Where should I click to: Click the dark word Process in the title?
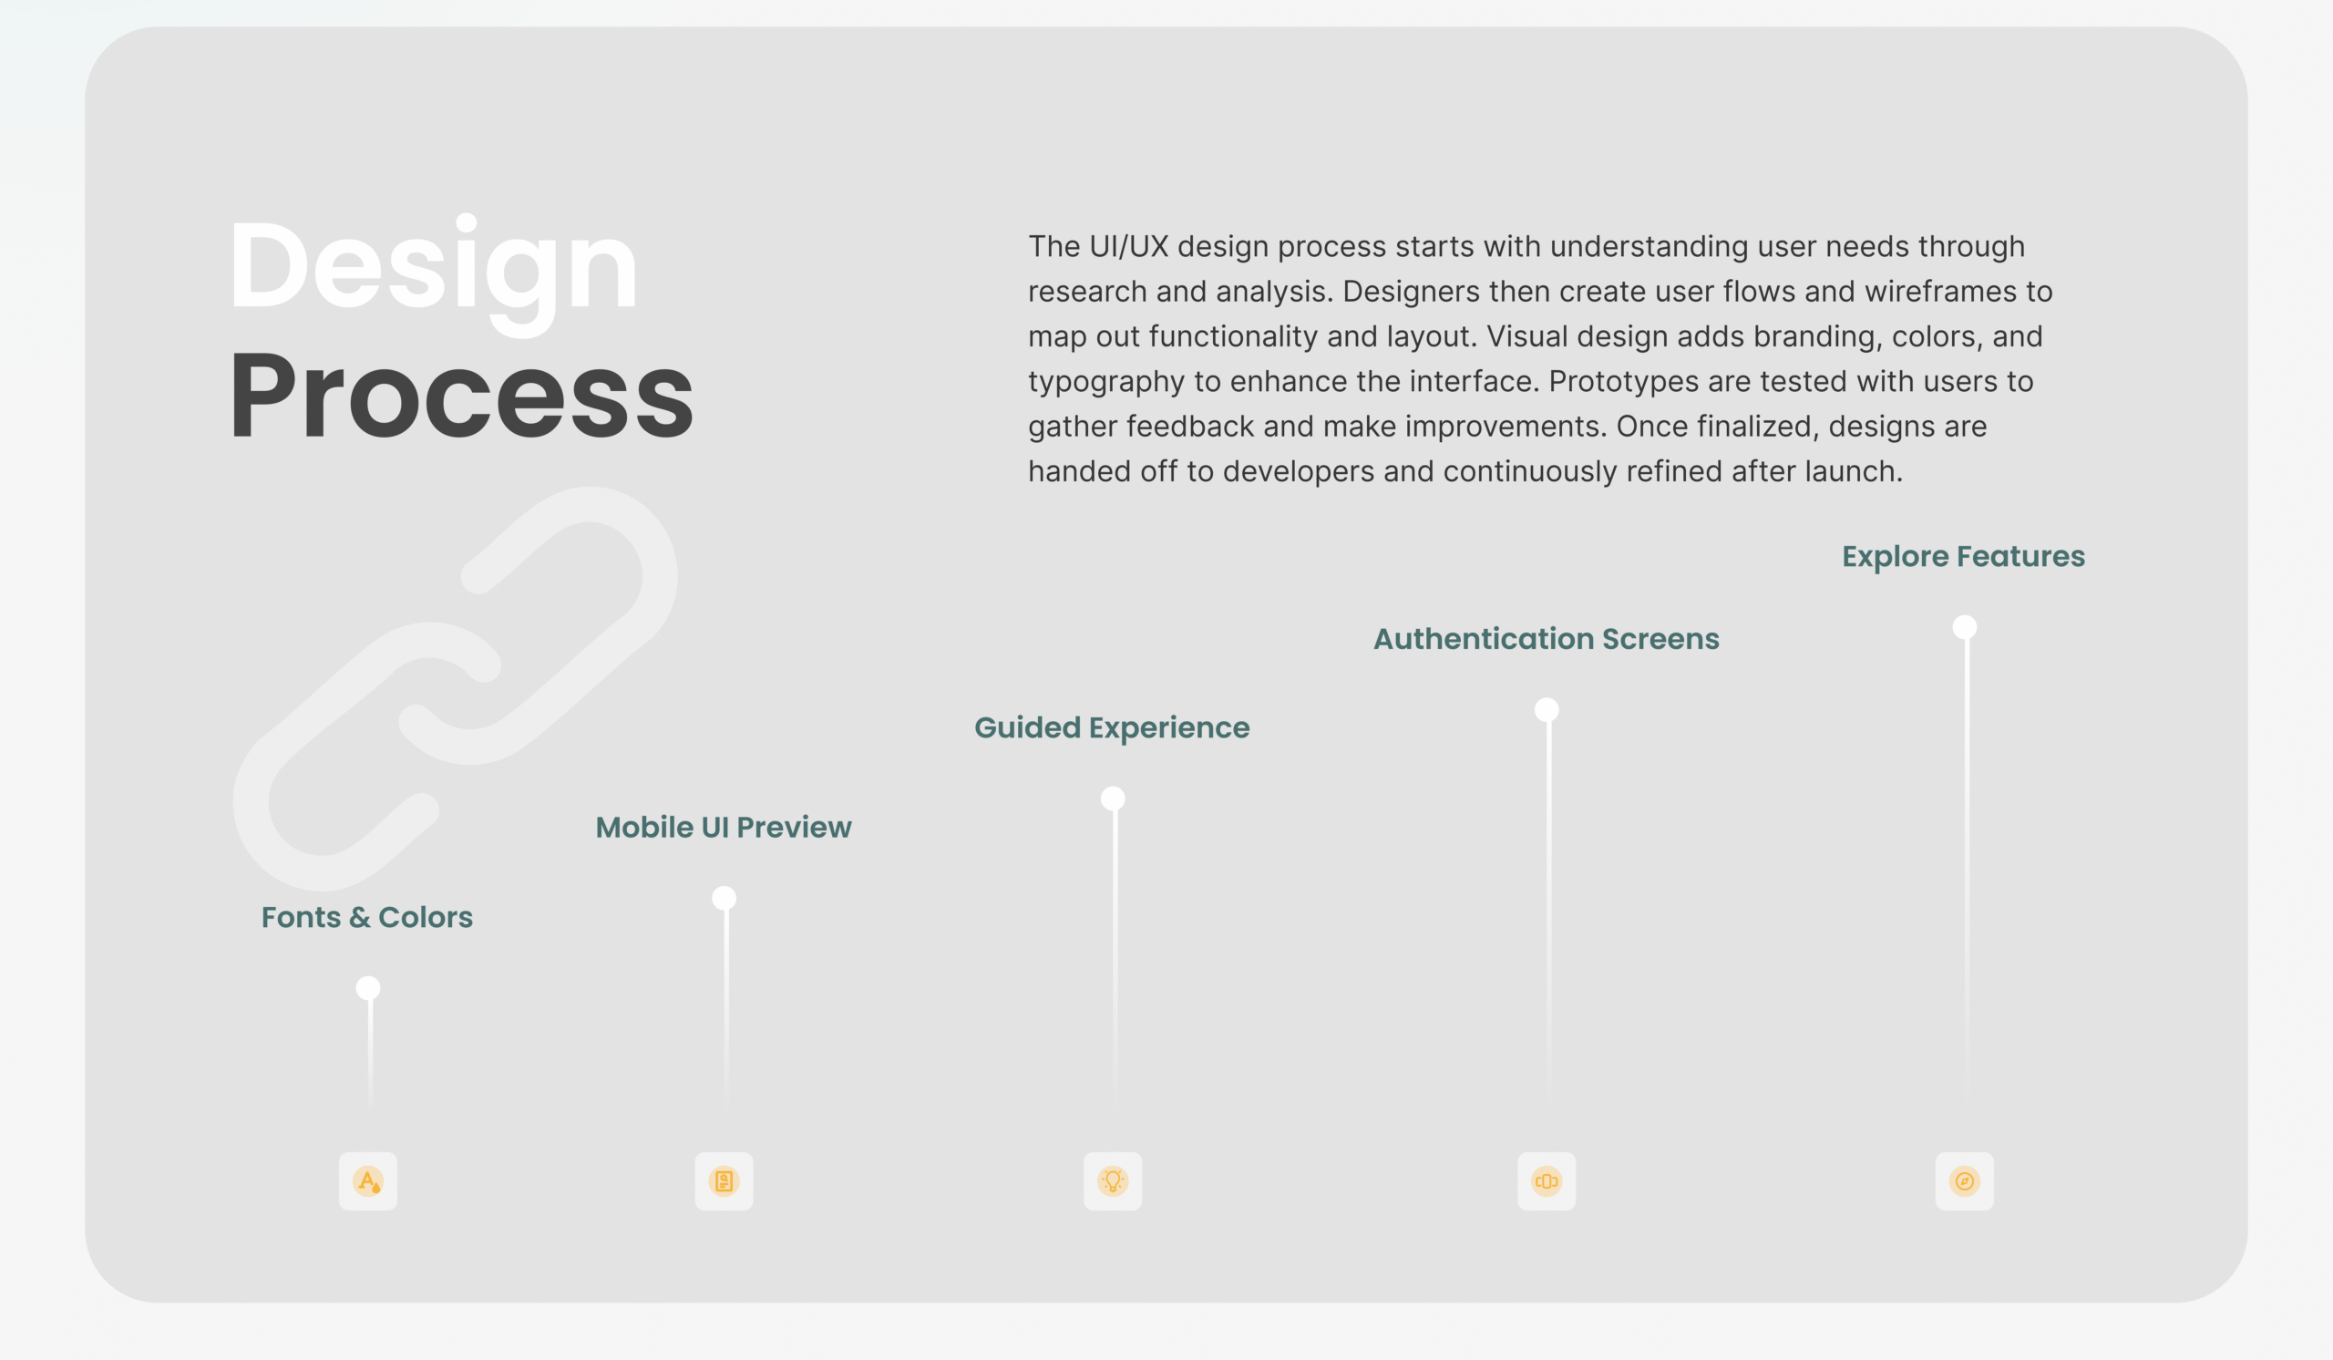(x=461, y=396)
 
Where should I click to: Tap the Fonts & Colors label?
(x=366, y=917)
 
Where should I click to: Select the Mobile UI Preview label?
(x=723, y=827)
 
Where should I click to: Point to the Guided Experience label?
(x=1112, y=728)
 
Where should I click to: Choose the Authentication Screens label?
(x=1547, y=639)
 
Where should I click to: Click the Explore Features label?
(x=1964, y=556)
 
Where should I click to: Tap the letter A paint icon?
(x=367, y=1181)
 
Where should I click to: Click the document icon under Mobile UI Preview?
(x=724, y=1181)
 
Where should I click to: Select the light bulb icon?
(x=1113, y=1181)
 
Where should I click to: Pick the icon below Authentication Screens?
(x=1547, y=1181)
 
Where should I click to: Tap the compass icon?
(x=1965, y=1181)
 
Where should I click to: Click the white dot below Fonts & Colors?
(x=367, y=988)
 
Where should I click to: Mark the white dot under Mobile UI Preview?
(x=724, y=898)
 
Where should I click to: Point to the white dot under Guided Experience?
(x=1113, y=798)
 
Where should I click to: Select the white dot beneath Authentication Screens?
(x=1547, y=710)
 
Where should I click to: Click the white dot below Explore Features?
(x=1965, y=628)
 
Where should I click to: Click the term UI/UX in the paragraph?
(x=1128, y=247)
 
